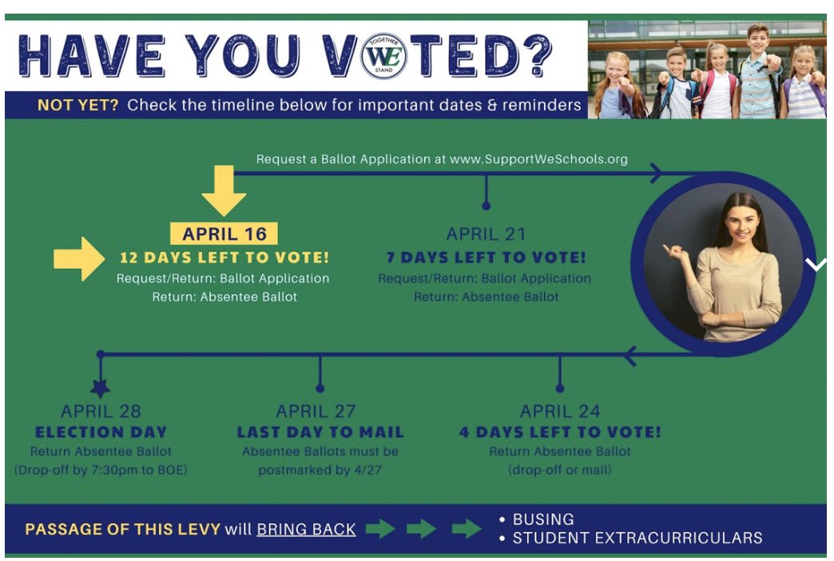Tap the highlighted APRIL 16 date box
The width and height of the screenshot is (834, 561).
point(224,233)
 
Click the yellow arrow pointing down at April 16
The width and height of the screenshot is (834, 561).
point(224,192)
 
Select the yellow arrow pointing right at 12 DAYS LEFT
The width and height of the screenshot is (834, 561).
point(79,258)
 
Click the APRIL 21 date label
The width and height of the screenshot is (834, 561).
point(485,234)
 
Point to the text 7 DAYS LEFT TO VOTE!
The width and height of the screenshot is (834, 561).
point(485,258)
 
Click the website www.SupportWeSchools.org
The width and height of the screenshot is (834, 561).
point(538,159)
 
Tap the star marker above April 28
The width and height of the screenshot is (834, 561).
point(101,388)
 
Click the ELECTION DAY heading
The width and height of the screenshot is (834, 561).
point(101,432)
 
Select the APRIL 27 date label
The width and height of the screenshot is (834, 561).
point(320,412)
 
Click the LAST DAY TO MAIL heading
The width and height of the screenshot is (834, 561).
point(320,432)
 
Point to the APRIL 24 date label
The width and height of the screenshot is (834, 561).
point(559,412)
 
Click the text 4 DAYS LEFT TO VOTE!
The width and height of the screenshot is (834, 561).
point(559,432)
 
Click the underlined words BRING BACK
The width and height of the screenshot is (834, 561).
point(306,529)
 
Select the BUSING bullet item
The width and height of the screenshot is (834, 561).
point(542,519)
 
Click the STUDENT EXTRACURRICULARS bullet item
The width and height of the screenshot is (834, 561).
point(637,538)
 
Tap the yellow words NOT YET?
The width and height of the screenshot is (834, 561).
point(77,105)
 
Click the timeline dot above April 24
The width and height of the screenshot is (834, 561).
point(559,388)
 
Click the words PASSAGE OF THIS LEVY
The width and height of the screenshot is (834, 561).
point(122,529)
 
